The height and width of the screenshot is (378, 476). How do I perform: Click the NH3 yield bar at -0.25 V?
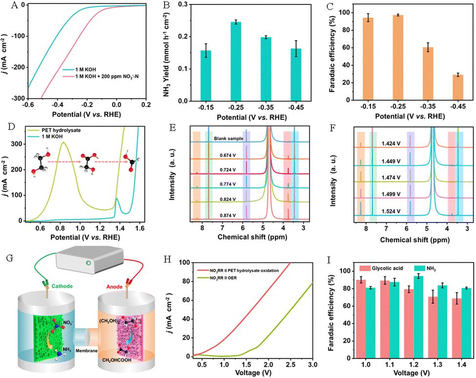(x=236, y=61)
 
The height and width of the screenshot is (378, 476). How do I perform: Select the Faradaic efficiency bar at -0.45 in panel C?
(x=458, y=87)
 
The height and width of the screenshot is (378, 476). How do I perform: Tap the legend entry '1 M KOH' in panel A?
(x=85, y=69)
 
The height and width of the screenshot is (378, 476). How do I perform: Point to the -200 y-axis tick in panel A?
(x=19, y=67)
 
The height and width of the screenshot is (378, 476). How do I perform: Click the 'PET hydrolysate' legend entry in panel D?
(x=61, y=130)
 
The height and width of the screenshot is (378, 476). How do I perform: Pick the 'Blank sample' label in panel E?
(x=228, y=138)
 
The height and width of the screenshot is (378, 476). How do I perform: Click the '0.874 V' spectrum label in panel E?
(x=228, y=215)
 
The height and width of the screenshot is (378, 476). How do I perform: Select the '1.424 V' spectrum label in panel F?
(x=391, y=143)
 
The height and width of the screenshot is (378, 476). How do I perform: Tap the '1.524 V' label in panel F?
(x=391, y=211)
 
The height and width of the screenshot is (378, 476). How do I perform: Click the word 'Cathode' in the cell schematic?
(x=62, y=286)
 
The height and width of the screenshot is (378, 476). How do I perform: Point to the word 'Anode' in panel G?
(x=114, y=287)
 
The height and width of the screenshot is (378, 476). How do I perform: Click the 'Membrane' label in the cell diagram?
(x=86, y=351)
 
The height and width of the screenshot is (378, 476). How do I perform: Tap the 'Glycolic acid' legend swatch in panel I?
(x=365, y=268)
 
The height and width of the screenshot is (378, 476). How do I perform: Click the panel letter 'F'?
(x=333, y=128)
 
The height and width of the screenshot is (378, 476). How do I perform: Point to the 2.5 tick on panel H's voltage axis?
(x=290, y=365)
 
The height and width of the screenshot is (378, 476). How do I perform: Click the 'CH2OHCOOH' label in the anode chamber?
(x=117, y=360)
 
